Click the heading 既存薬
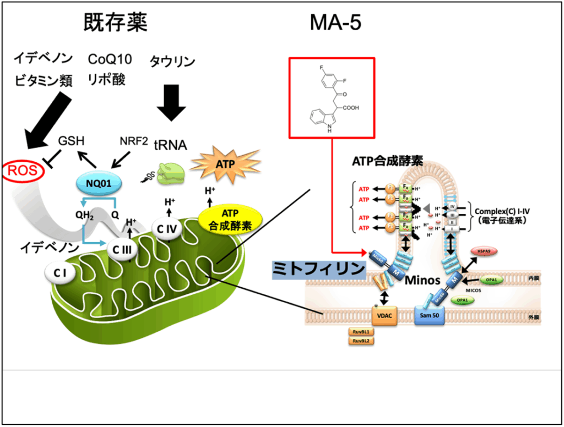click(x=116, y=23)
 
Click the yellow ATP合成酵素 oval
click(x=230, y=219)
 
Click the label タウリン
click(x=172, y=61)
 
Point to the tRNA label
click(x=170, y=145)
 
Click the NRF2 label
click(x=134, y=141)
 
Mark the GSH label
click(x=71, y=141)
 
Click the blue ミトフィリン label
click(x=319, y=269)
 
